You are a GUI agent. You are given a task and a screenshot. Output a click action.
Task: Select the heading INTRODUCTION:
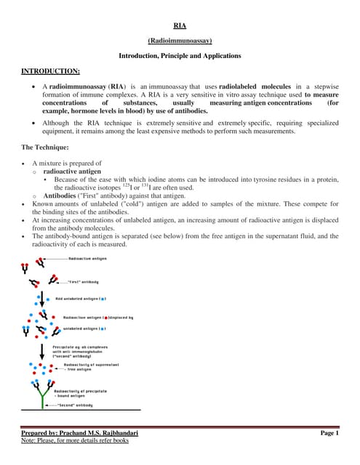[50, 70]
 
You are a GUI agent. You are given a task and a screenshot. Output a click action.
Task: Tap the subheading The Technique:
[47, 147]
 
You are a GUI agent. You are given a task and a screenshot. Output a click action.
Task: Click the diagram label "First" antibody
[84, 282]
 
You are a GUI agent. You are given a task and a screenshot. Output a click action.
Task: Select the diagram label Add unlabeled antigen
[79, 299]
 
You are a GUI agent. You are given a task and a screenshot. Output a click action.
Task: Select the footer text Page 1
[329, 433]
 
